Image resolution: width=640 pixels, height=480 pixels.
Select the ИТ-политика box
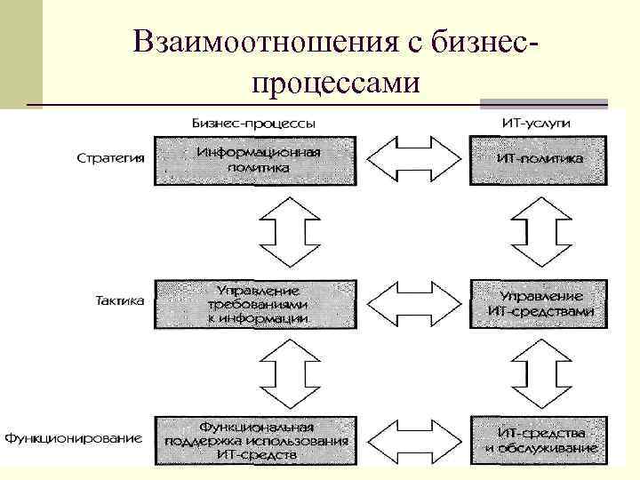(540, 160)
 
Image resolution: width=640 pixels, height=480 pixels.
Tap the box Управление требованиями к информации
(258, 303)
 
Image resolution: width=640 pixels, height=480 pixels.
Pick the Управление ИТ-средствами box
(540, 303)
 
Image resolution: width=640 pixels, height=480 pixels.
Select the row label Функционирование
(75, 438)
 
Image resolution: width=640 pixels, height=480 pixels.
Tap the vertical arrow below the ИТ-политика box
(540, 230)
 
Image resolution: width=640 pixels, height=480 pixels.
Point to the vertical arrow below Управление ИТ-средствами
(540, 368)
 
